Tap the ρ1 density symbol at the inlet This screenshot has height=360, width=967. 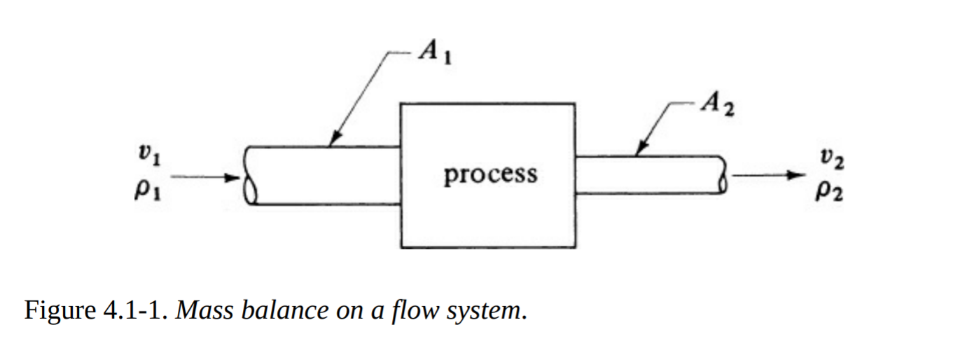coord(148,189)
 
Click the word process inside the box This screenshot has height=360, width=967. coord(490,173)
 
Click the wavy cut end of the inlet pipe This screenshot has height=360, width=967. coord(251,175)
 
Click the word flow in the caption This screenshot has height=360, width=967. coord(411,309)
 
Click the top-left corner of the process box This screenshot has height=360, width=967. coord(401,104)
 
